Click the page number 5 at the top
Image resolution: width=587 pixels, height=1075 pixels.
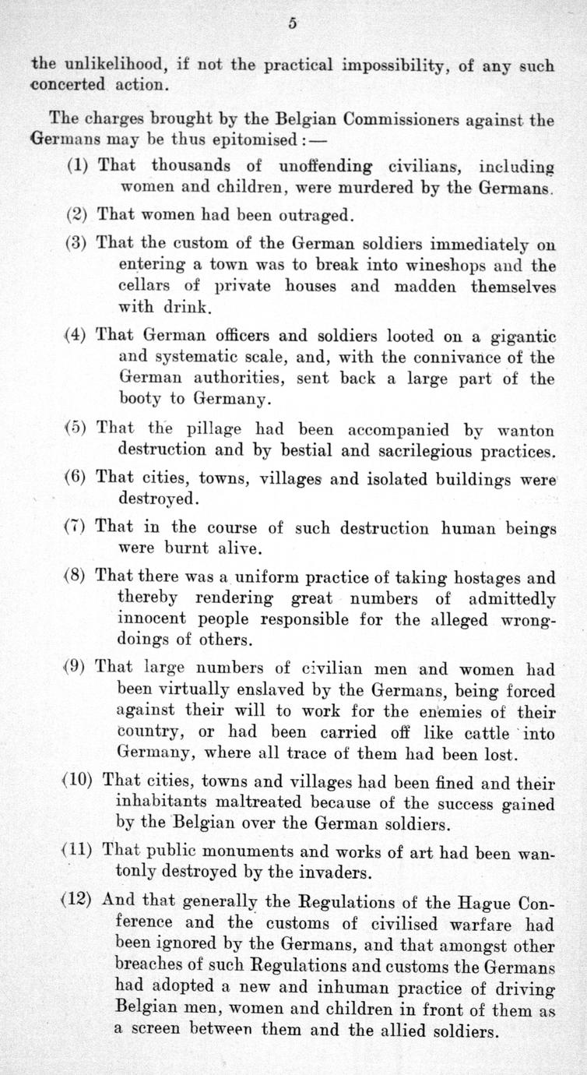[293, 23]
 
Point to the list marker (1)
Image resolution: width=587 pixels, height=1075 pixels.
[77, 166]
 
